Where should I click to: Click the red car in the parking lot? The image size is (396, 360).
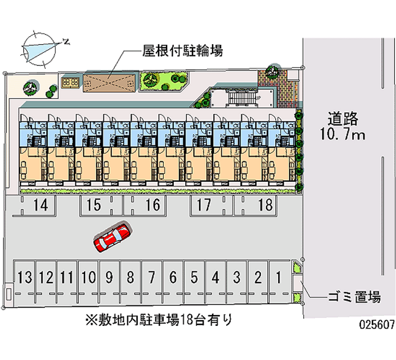(112, 237)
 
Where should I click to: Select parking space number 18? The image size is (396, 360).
(265, 205)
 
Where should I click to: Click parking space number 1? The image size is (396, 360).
(279, 277)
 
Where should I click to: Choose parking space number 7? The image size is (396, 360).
(151, 277)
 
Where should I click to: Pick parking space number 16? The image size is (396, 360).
(153, 205)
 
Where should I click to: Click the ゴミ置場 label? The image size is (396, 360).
(354, 297)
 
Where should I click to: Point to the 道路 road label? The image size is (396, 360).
(342, 119)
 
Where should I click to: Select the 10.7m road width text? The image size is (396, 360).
(342, 135)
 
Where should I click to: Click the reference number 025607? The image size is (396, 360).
(377, 325)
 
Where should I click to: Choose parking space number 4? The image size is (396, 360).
(215, 277)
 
